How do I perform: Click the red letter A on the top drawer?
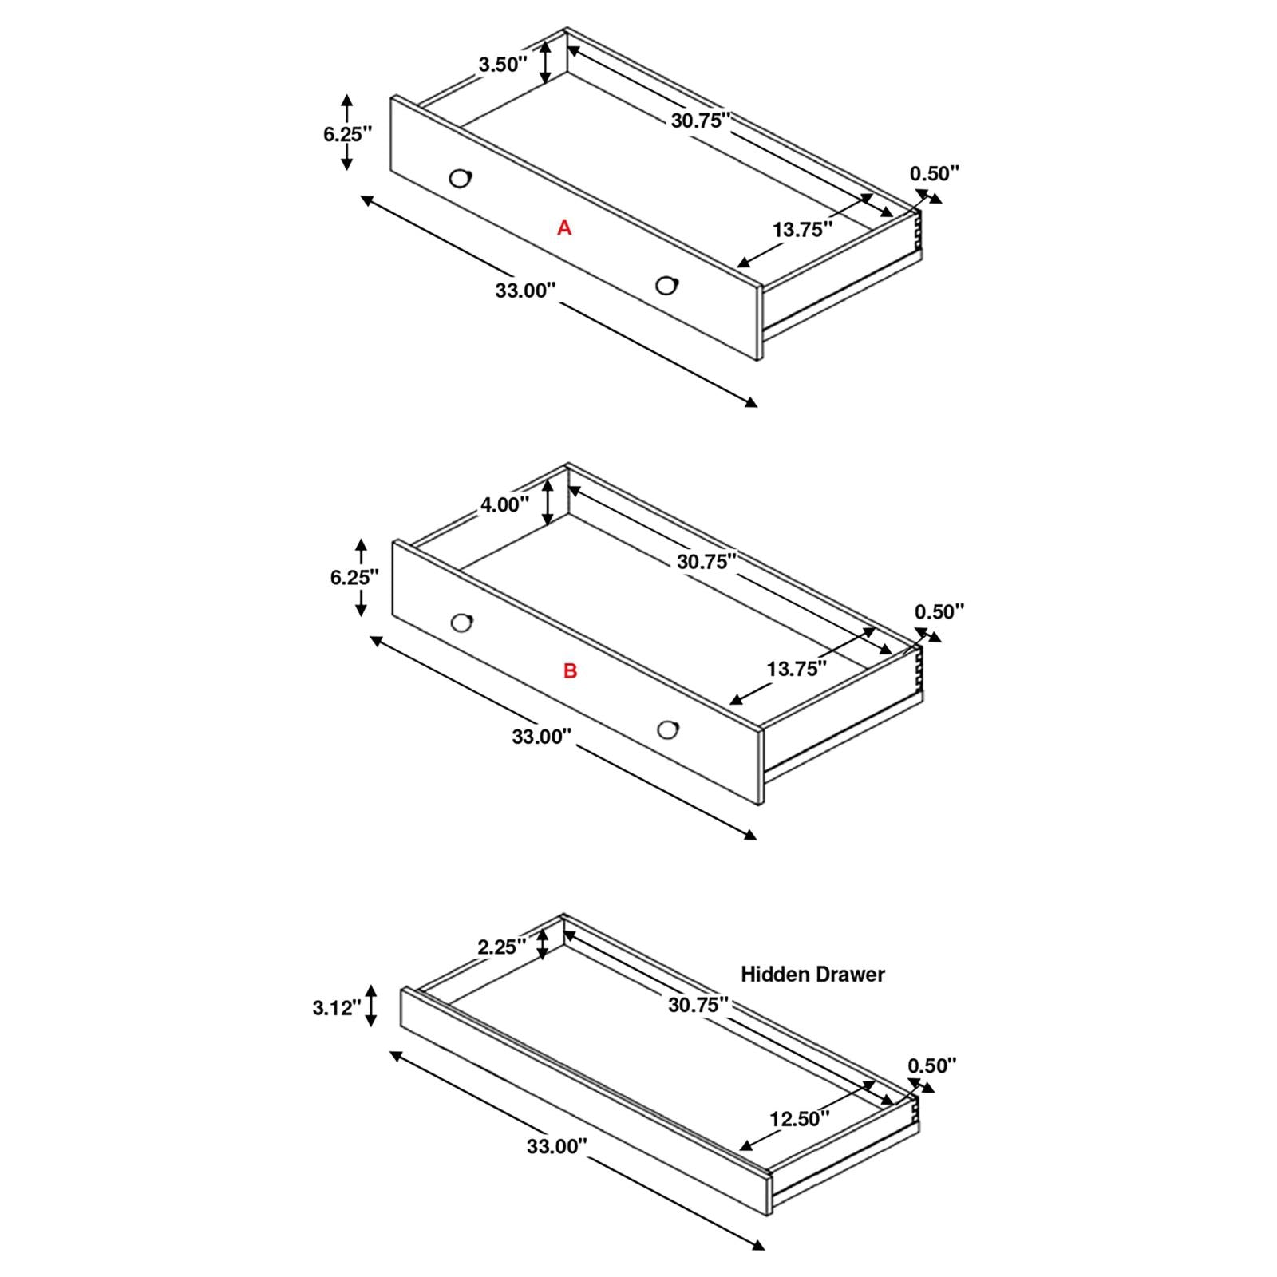point(564,228)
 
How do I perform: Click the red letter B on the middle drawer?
point(570,671)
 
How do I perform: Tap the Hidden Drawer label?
point(812,974)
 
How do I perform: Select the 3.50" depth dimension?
point(503,65)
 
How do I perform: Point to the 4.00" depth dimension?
point(504,504)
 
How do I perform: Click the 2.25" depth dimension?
point(501,947)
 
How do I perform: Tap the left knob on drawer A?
point(461,178)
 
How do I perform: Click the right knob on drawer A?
point(666,285)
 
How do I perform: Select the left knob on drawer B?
point(461,623)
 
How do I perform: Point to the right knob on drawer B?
point(668,729)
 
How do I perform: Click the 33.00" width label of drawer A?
point(525,291)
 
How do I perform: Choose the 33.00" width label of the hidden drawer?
point(556,1147)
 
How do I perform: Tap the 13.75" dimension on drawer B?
point(797,669)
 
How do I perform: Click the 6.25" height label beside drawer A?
point(348,134)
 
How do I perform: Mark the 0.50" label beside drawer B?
point(939,612)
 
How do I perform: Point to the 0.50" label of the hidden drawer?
point(932,1065)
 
